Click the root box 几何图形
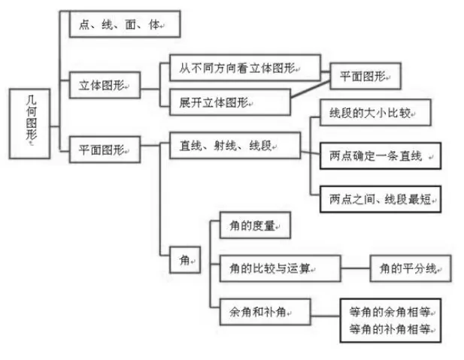coord(29,124)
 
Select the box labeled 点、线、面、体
coord(125,24)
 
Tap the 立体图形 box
coord(105,85)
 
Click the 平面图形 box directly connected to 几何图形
coord(105,150)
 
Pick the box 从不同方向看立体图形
coord(245,68)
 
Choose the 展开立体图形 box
coord(230,102)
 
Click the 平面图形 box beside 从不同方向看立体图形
coord(365,76)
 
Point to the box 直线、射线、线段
coord(235,145)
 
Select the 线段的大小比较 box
coord(375,113)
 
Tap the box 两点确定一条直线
coord(381,156)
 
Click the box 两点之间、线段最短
coord(381,199)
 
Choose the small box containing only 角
coord(185,260)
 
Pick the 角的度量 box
coord(255,225)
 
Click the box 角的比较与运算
coord(281,268)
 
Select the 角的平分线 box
coord(411,268)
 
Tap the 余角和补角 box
coord(265,312)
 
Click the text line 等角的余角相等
coord(390,312)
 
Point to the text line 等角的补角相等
coord(390,329)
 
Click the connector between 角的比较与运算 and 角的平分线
coord(356,268)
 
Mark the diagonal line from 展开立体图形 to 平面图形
coord(311,89)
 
